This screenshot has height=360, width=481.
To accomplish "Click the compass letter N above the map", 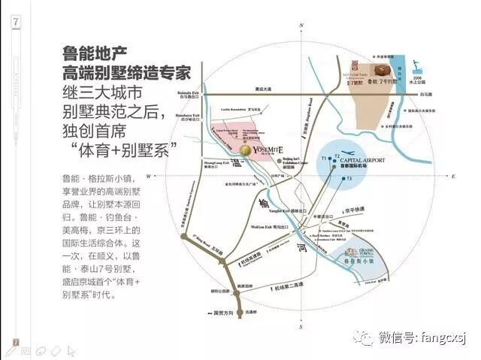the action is tap(301, 25).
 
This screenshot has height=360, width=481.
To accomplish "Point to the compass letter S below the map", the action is tap(299, 328).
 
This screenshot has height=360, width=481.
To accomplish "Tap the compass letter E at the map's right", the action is tap(454, 176).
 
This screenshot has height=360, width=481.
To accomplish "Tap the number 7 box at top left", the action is tap(15, 22).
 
